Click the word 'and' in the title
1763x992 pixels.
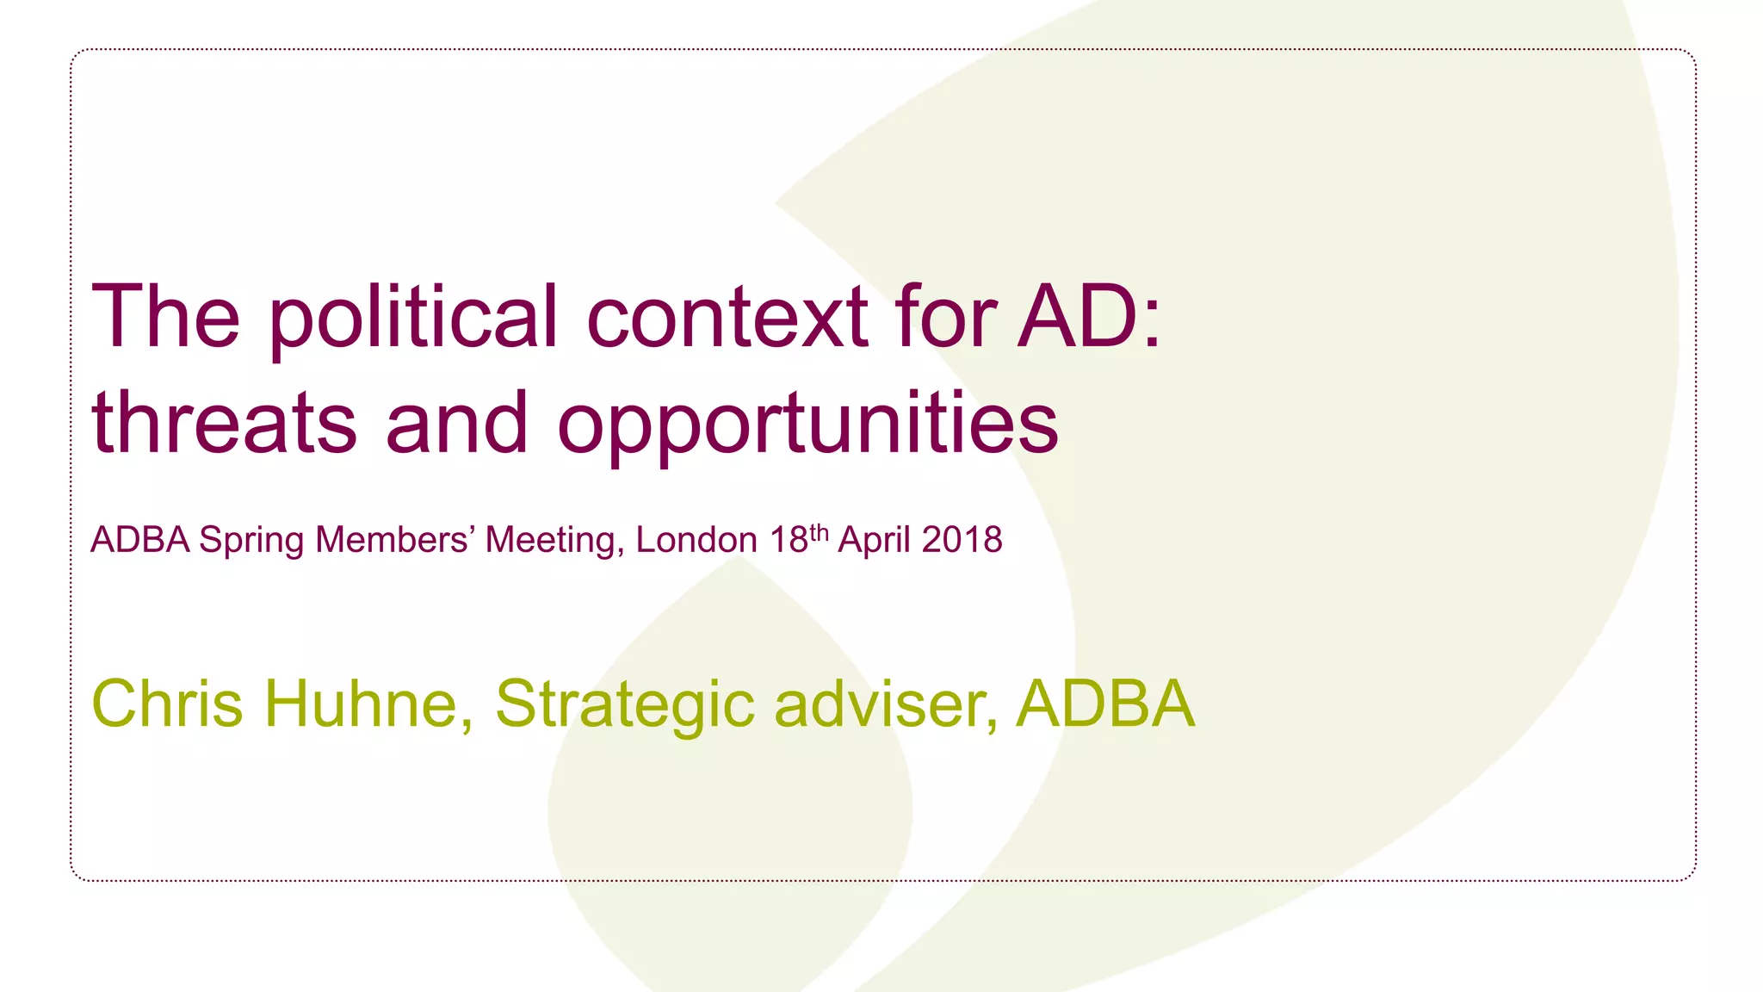(456, 423)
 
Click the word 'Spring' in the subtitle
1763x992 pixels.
(251, 541)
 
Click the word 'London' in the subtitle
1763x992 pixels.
(696, 540)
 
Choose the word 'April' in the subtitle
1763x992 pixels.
(874, 541)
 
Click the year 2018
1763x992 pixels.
(962, 540)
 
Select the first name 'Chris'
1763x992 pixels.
(167, 704)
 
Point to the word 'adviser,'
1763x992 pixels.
(887, 704)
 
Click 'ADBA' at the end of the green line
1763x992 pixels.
(1105, 704)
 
